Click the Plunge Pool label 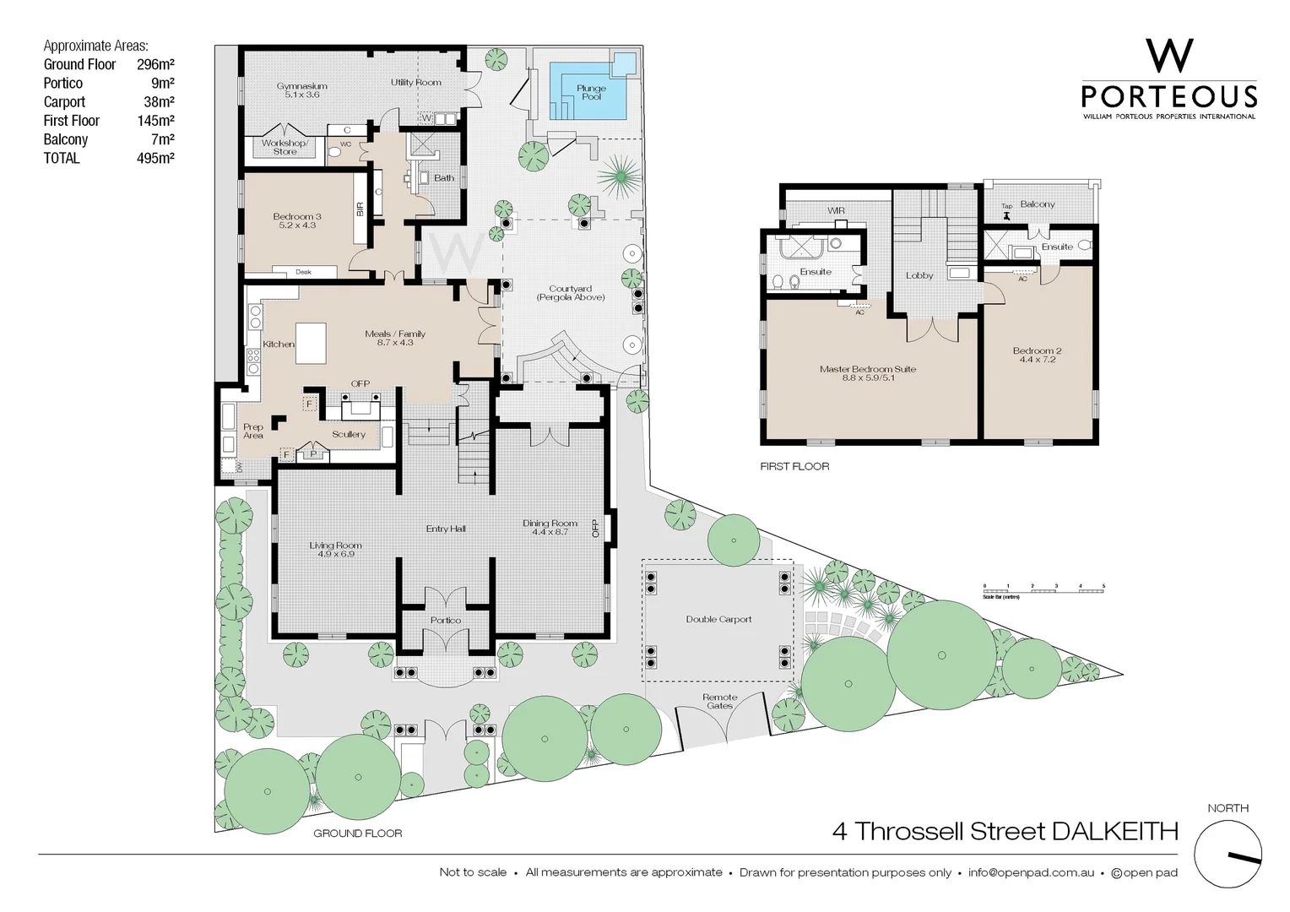point(591,92)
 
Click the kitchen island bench point(311,343)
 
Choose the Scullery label point(348,434)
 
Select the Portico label point(445,620)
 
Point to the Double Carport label point(718,619)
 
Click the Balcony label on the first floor point(1037,204)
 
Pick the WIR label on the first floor point(836,211)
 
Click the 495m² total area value point(155,158)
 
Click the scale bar point(1043,590)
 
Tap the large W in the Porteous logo point(1169,56)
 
